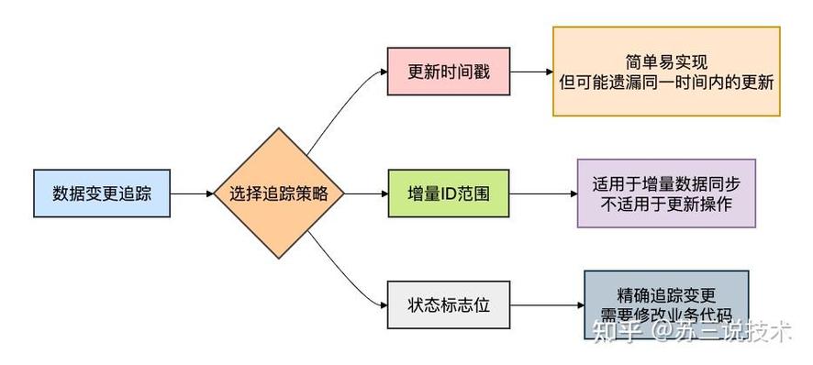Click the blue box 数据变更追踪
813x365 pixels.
point(102,194)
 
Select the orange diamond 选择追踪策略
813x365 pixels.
point(273,194)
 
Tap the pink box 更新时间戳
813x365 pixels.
point(448,70)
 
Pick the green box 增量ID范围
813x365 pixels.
point(448,194)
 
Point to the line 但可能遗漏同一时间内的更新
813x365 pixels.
point(666,83)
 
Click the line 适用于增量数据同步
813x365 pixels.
point(666,182)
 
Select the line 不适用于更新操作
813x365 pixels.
point(666,205)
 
